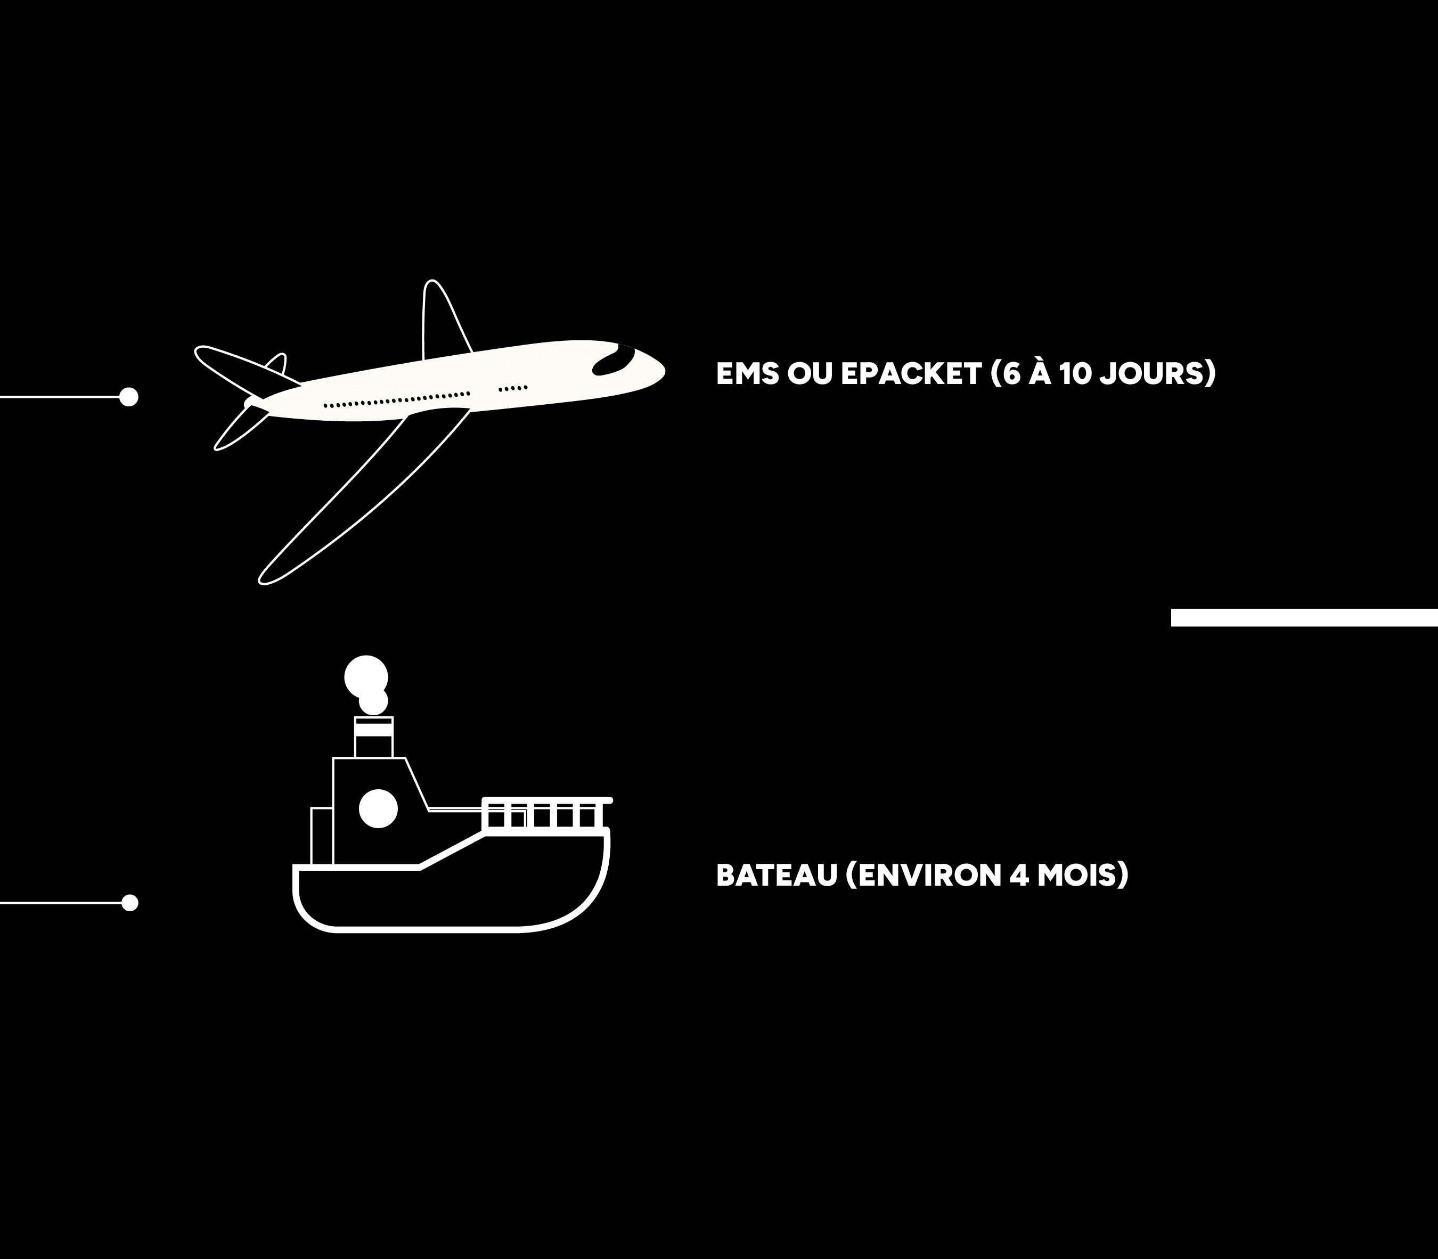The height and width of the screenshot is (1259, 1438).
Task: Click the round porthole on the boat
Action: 378,808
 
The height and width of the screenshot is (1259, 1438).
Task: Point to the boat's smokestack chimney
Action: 374,737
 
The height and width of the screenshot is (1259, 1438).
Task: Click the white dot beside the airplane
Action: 128,397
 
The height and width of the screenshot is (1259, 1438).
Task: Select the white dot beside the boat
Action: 129,903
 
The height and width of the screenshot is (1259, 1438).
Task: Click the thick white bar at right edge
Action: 1304,618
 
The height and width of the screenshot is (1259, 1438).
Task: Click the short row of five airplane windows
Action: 513,388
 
